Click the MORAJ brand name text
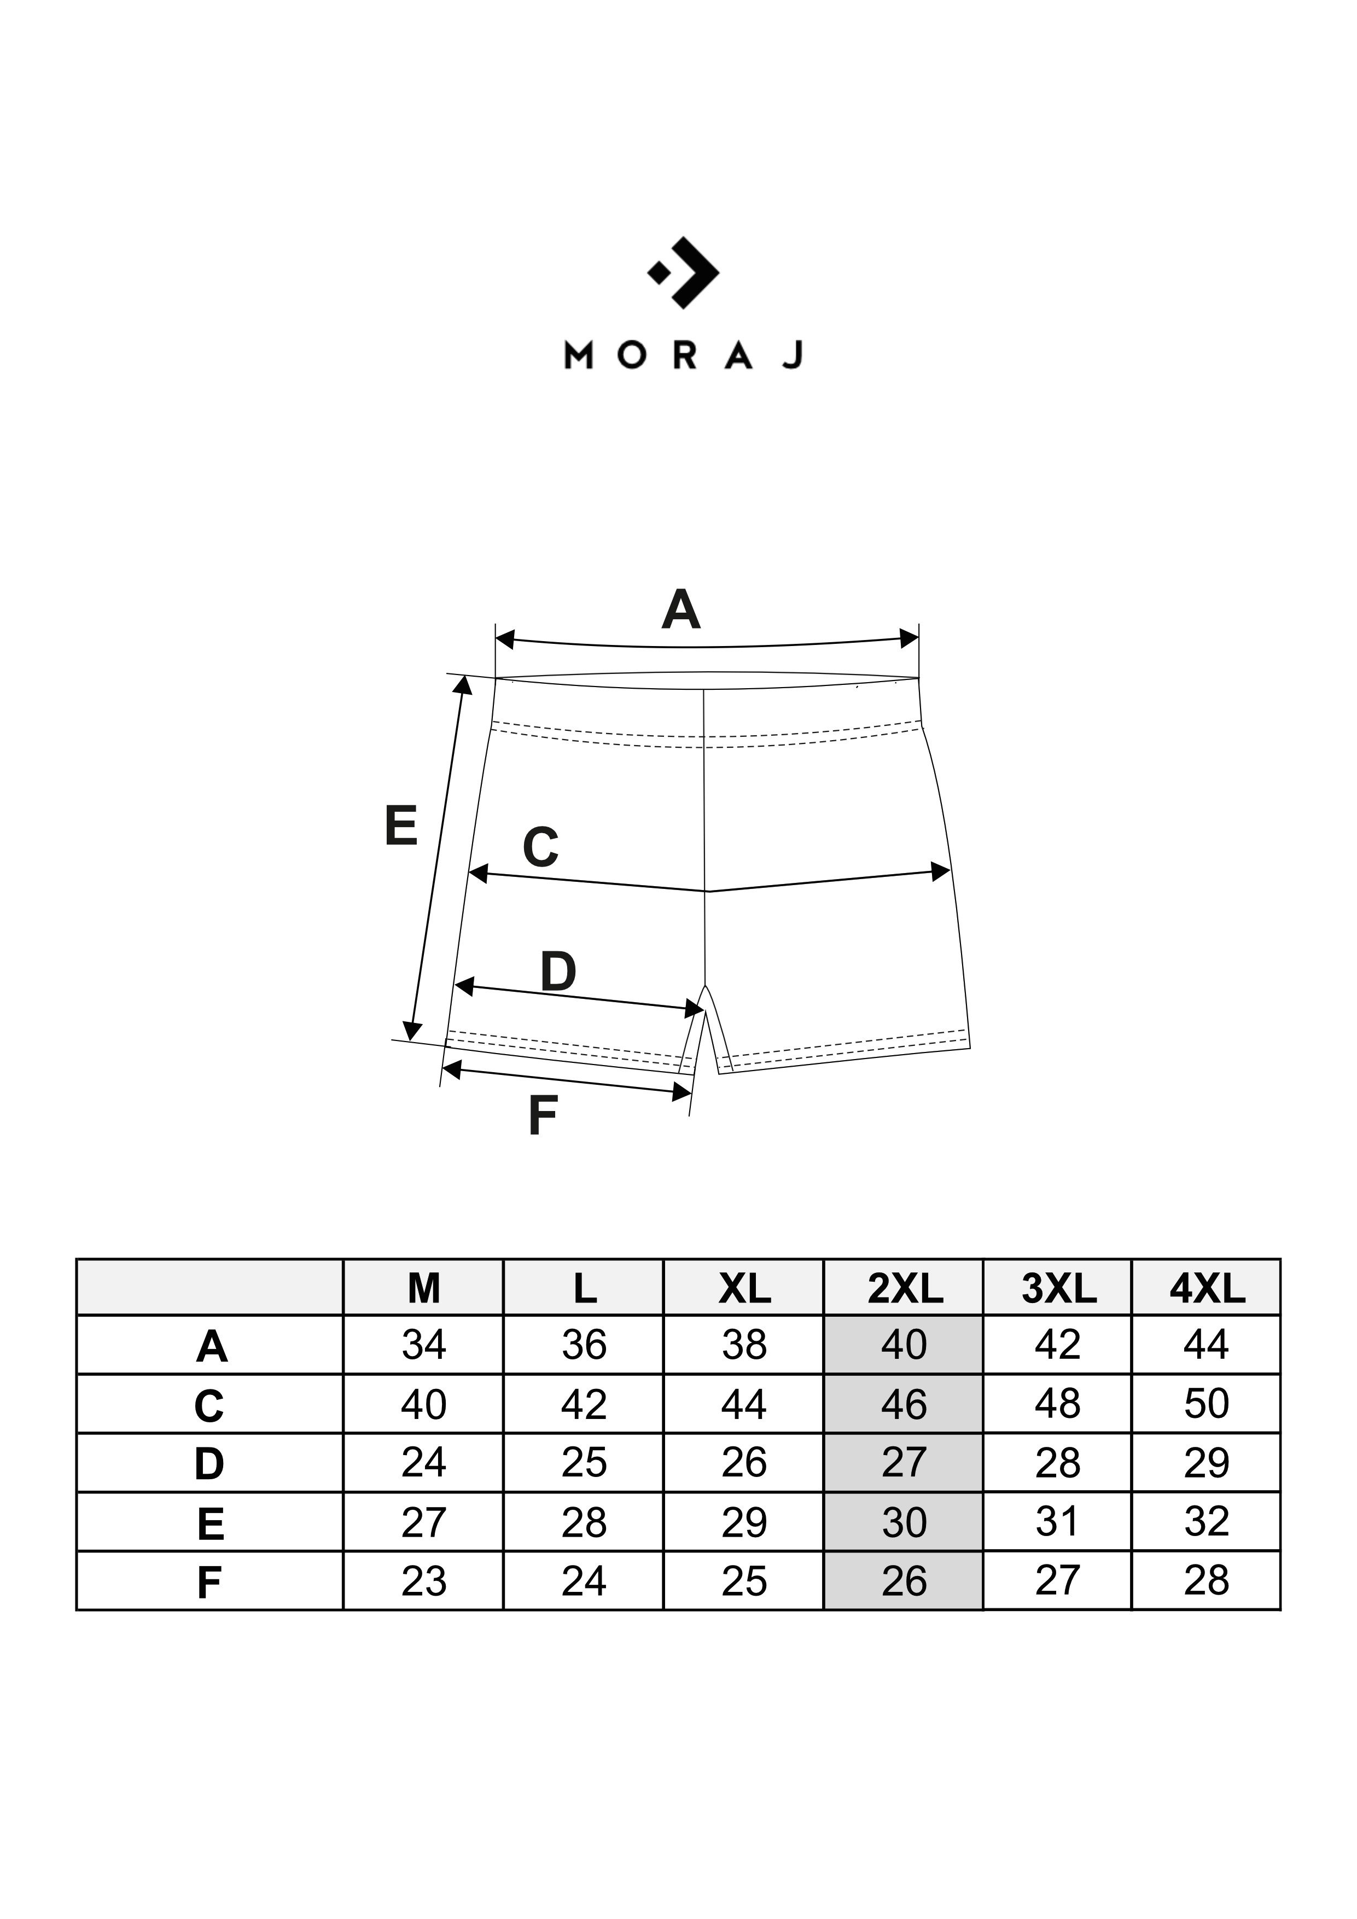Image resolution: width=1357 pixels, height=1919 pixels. pyautogui.click(x=684, y=355)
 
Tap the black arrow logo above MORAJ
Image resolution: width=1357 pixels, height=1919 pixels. pyautogui.click(x=684, y=272)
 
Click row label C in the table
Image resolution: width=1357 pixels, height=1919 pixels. pyautogui.click(x=209, y=1406)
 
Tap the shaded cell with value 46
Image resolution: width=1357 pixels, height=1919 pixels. pyautogui.click(x=904, y=1405)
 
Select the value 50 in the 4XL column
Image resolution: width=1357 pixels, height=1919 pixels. pyautogui.click(x=1207, y=1404)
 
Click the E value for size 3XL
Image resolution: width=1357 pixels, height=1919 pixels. pyautogui.click(x=1058, y=1521)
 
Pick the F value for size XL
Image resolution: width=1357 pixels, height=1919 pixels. pyautogui.click(x=744, y=1581)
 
